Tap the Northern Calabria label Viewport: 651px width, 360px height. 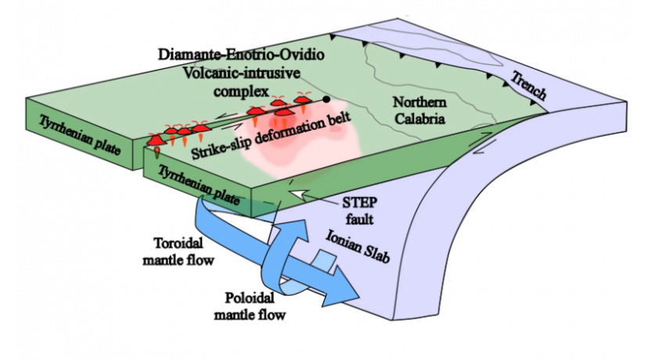click(419, 111)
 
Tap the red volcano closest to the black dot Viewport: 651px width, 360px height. click(303, 101)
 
